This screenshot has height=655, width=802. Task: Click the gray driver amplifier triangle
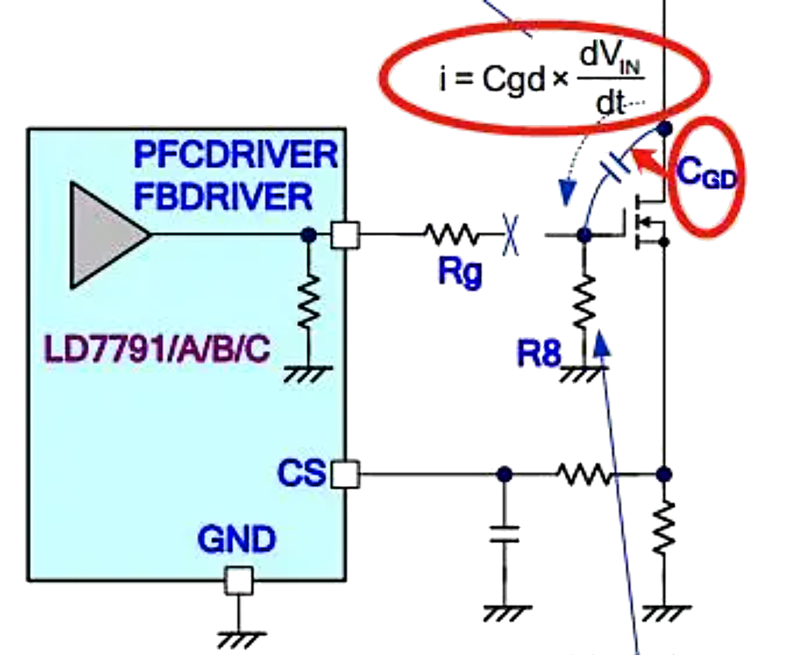click(x=105, y=234)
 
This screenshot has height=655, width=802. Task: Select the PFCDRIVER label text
click(x=236, y=155)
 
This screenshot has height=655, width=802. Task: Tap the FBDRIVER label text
click(x=223, y=196)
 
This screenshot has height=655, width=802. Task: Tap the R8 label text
click(x=538, y=354)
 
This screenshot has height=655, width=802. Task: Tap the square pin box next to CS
click(x=345, y=473)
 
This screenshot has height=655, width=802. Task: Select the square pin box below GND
click(x=239, y=580)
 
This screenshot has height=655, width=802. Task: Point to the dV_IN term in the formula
click(x=613, y=71)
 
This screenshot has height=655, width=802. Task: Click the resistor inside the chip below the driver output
click(x=308, y=303)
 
